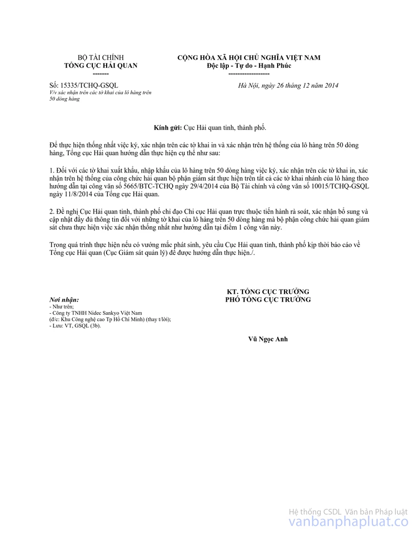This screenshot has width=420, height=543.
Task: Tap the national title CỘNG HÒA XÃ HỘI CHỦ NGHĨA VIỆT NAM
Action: pyautogui.click(x=249, y=58)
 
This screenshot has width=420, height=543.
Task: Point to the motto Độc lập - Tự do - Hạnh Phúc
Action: pyautogui.click(x=249, y=66)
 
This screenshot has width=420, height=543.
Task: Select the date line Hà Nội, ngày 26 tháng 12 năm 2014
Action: pyautogui.click(x=288, y=85)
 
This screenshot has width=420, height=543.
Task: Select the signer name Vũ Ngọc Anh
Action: pyautogui.click(x=268, y=339)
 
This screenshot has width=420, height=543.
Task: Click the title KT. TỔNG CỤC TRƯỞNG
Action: pyautogui.click(x=268, y=292)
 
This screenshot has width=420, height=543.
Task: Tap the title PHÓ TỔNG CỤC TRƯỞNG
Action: pyautogui.click(x=268, y=300)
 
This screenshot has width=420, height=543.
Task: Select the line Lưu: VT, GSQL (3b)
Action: pyautogui.click(x=74, y=325)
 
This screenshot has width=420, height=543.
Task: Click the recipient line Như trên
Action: pyautogui.click(x=61, y=306)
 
